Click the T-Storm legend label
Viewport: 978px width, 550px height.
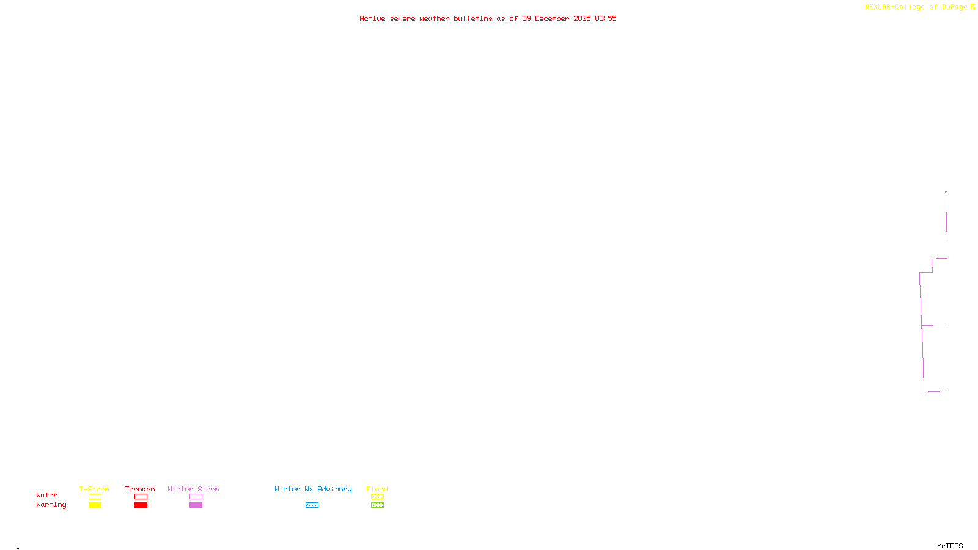(x=94, y=489)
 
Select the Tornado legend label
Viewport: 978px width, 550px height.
(x=140, y=489)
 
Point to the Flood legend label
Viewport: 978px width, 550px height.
(x=377, y=489)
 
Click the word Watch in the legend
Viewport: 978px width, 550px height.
(x=47, y=495)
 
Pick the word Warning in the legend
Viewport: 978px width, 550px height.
(x=51, y=505)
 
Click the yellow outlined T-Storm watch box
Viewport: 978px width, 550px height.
(x=95, y=497)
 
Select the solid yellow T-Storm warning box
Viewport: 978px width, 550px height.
(x=95, y=505)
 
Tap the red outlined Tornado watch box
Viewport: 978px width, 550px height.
(x=141, y=497)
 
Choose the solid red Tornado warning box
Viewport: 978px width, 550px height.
(x=141, y=505)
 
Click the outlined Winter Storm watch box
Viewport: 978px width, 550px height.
(x=196, y=497)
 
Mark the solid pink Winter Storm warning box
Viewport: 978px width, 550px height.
(x=196, y=505)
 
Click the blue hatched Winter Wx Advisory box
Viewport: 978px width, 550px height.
(x=312, y=505)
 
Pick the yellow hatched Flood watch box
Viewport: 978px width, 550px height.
(x=377, y=497)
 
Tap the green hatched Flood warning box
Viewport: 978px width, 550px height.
(x=377, y=505)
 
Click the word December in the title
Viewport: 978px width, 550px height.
(x=552, y=18)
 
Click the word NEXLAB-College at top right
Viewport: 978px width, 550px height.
(x=895, y=7)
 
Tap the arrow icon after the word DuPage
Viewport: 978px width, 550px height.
(x=972, y=7)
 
